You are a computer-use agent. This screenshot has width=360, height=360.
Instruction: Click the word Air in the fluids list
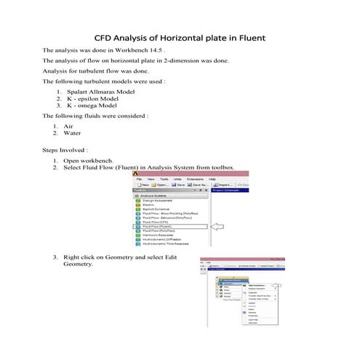pyautogui.click(x=68, y=127)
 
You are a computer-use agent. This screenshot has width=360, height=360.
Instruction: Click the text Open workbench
pyautogui.click(x=88, y=160)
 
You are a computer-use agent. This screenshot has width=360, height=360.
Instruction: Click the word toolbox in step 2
pyautogui.click(x=223, y=167)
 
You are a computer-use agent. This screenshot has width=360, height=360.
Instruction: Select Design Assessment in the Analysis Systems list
pyautogui.click(x=158, y=200)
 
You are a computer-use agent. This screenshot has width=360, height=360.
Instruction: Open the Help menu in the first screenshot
pyautogui.click(x=212, y=179)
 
